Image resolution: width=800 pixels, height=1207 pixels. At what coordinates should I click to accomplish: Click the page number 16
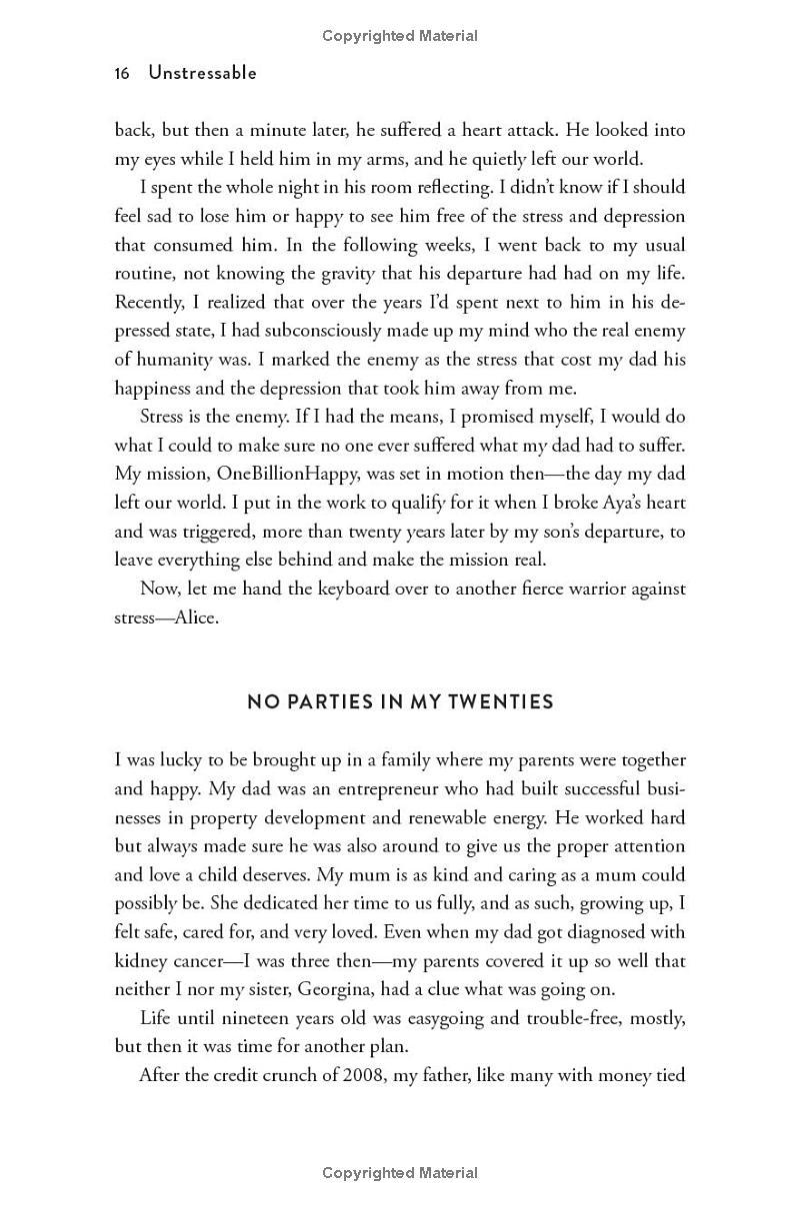(x=122, y=73)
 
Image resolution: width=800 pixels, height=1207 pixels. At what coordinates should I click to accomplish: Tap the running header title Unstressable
(x=202, y=73)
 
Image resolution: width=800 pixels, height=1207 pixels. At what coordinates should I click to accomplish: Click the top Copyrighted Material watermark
(x=400, y=36)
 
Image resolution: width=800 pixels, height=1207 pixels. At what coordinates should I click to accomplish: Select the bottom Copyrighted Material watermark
(x=400, y=1173)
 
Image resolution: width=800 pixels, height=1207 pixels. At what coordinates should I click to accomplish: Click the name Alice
(x=196, y=617)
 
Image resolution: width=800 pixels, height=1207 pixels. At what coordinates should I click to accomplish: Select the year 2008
(x=365, y=1075)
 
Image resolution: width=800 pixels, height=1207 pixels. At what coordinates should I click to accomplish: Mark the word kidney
(x=140, y=961)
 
